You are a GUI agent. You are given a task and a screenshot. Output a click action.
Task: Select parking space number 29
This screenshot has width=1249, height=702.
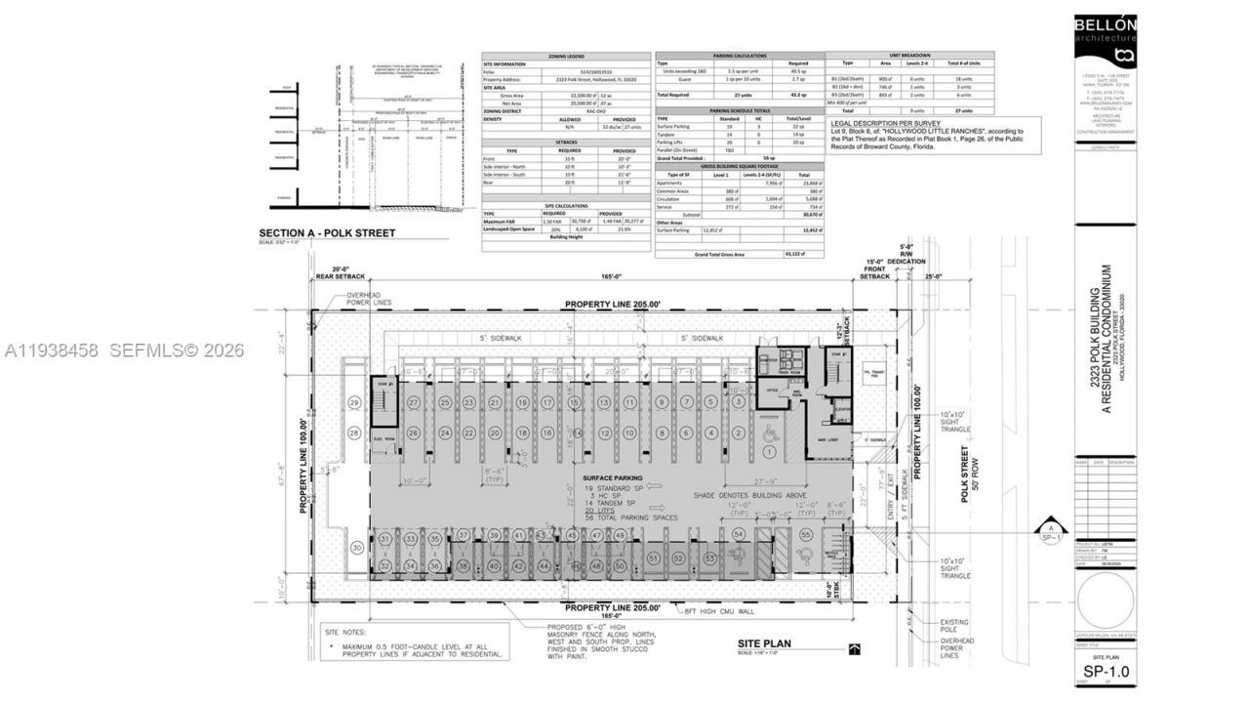(354, 403)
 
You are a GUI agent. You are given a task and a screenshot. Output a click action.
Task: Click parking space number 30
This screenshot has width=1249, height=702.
(357, 549)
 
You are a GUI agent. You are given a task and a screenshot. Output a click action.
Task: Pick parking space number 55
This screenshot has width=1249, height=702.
(806, 535)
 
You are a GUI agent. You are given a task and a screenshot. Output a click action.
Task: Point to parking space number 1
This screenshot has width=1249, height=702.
(770, 452)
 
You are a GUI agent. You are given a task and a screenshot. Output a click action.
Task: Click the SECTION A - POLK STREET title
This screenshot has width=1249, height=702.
(327, 233)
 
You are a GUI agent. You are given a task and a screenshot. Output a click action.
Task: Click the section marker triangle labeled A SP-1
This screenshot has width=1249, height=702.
(1050, 527)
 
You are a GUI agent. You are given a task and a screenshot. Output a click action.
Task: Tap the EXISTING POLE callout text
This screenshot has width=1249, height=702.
(956, 626)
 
